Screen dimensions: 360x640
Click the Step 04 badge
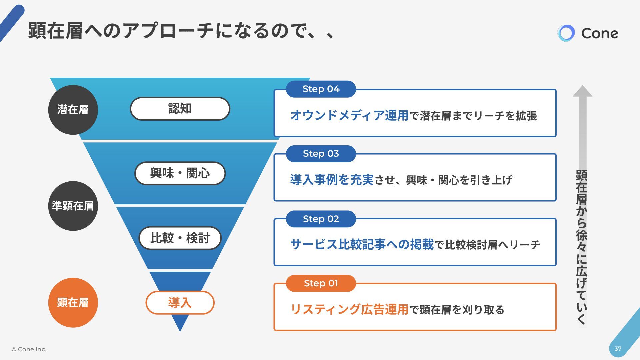coord(321,89)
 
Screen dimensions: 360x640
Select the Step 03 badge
coord(321,154)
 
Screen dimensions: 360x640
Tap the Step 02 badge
coord(321,219)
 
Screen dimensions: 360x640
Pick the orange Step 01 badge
coord(321,283)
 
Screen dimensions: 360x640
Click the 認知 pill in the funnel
coord(180,109)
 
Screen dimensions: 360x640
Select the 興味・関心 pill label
coord(180,173)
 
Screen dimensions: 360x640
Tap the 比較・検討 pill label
coord(180,238)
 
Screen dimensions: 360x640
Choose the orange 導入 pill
coord(180,303)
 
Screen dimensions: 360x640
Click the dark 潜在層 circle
coord(73,110)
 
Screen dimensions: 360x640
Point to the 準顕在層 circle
coord(73,206)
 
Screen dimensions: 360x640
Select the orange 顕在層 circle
coord(73,303)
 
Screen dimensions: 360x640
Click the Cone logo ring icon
coord(566,33)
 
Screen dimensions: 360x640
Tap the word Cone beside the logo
coord(600,33)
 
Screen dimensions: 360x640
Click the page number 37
coord(618,349)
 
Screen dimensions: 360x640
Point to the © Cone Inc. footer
coord(29,349)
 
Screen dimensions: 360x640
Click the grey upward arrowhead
coord(582,91)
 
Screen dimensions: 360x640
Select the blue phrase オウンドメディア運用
coord(349,116)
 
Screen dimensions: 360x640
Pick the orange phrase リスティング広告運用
coord(349,310)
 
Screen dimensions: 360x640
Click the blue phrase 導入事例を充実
coord(332,180)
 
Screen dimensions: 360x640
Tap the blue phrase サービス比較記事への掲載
coord(362,245)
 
